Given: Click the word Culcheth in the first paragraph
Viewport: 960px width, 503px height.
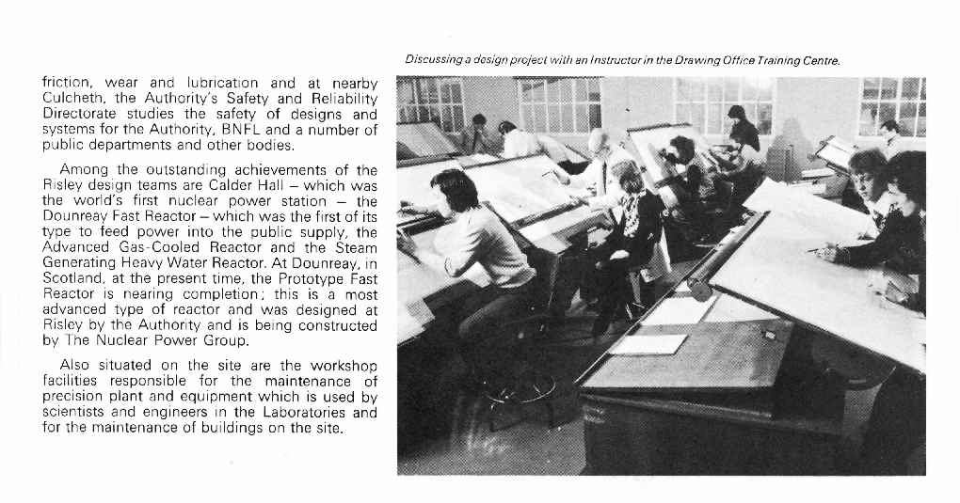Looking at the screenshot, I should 75,99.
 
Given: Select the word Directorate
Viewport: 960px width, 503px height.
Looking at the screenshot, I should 81,115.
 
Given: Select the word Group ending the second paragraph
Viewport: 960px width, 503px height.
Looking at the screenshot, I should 225,340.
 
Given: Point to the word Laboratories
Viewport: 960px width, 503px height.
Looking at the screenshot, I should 280,412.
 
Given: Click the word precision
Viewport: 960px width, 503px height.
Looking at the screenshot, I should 75,397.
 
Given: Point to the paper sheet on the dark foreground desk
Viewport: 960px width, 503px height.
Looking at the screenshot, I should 648,344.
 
